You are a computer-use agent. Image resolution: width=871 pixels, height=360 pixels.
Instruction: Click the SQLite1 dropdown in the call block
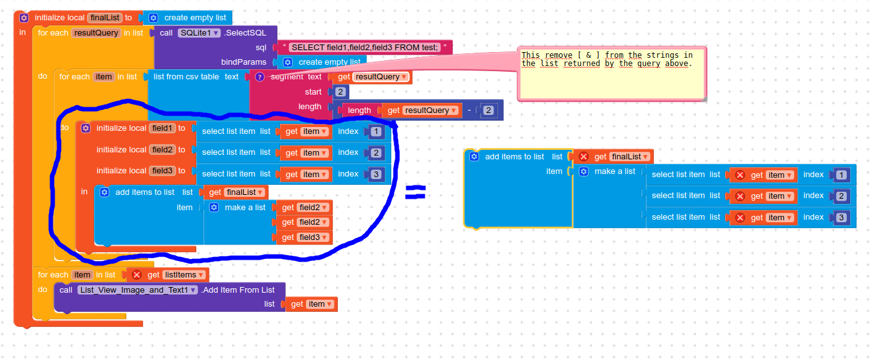pos(199,33)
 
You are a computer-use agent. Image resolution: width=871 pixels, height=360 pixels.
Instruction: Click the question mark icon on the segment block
pos(260,77)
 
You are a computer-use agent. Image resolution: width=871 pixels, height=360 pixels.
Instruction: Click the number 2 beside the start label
pos(340,92)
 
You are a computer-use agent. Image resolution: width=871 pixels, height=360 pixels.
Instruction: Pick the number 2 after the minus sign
pos(488,110)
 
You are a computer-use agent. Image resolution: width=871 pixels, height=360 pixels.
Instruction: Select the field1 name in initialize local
pos(162,128)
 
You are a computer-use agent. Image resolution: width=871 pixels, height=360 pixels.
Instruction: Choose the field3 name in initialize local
pos(162,171)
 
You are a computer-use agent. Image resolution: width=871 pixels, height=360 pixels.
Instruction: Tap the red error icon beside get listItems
pos(136,275)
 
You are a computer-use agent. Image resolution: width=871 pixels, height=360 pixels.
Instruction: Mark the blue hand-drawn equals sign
pos(415,192)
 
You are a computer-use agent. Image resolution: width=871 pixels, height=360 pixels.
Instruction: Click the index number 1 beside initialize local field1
pos(376,132)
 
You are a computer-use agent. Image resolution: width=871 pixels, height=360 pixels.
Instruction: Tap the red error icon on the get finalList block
pos(583,157)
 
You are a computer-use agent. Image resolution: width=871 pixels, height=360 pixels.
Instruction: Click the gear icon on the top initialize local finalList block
pos(24,18)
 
